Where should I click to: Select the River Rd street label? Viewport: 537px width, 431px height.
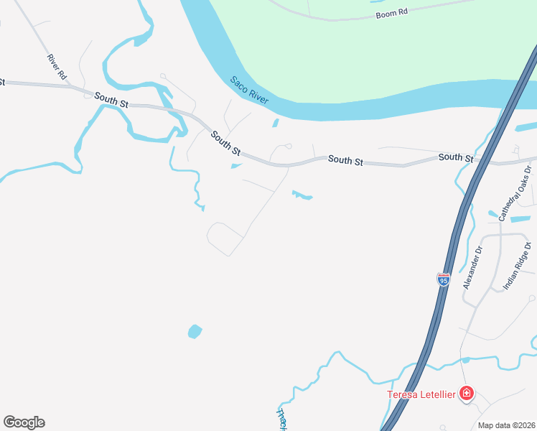tap(57, 66)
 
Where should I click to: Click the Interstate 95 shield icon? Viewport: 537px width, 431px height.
tap(443, 279)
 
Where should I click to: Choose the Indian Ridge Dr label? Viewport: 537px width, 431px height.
tap(518, 266)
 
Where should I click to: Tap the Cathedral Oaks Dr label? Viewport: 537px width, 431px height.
tap(514, 192)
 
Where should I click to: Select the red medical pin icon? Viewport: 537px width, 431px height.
tap(467, 393)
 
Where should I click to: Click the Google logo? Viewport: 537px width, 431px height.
tap(24, 422)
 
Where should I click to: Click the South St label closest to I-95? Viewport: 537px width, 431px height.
tap(455, 157)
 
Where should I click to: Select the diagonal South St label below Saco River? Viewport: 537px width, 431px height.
tap(225, 142)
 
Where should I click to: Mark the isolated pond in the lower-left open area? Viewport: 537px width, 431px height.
tap(195, 331)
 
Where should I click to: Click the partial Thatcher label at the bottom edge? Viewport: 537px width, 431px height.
tap(282, 419)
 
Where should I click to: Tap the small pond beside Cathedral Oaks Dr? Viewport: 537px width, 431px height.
tap(493, 214)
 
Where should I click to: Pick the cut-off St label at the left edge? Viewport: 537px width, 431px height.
tap(2, 82)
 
